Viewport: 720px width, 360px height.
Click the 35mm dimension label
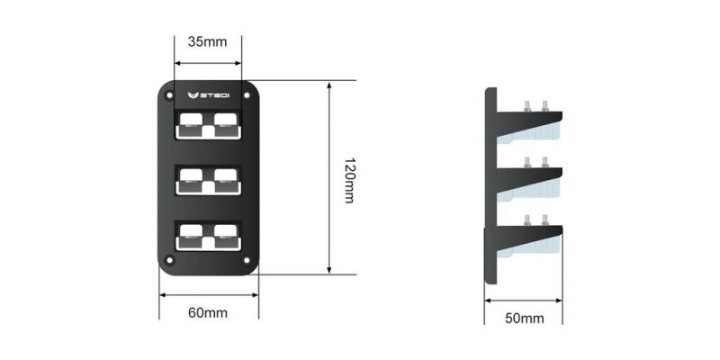tap(208, 41)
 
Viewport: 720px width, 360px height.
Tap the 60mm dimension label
tap(208, 313)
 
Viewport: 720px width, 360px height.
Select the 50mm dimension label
tap(525, 318)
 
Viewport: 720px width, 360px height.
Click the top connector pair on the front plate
tap(209, 125)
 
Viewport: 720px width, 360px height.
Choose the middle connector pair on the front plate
tap(209, 181)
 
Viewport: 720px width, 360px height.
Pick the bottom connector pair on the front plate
tap(209, 237)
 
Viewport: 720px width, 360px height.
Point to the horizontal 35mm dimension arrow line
tap(208, 63)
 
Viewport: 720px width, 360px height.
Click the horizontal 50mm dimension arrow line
tap(525, 300)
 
